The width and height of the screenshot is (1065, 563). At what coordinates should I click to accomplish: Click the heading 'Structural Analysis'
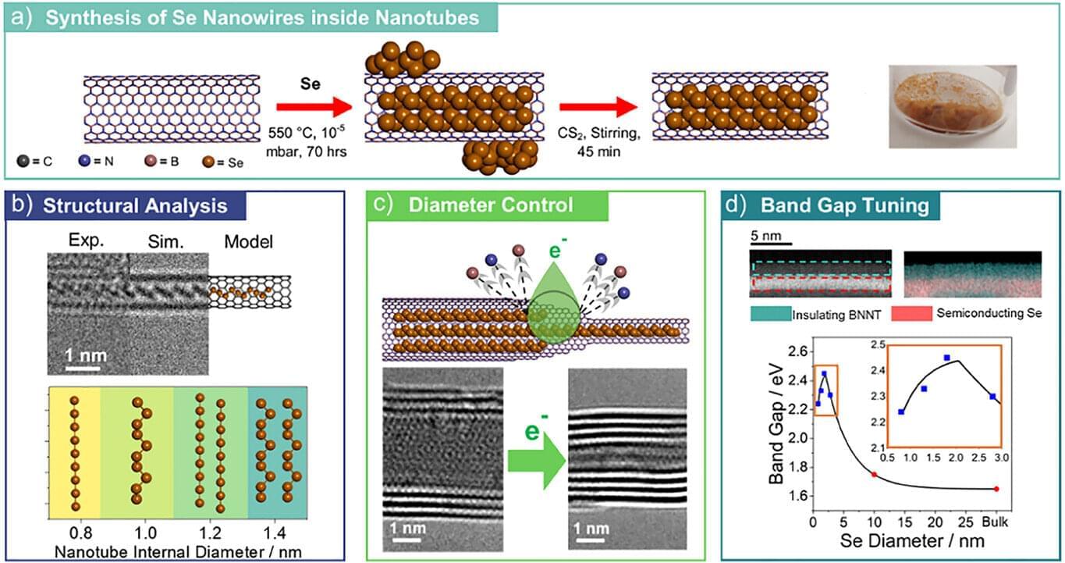[x=135, y=206]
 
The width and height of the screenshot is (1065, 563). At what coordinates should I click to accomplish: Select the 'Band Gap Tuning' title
[x=844, y=206]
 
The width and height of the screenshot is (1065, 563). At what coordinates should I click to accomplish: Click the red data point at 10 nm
[x=874, y=474]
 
